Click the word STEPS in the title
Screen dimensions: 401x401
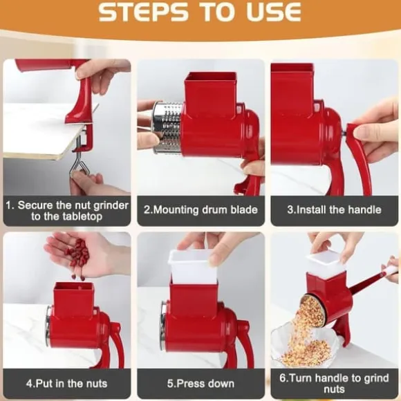(x=143, y=12)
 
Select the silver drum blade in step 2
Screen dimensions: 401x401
(x=167, y=128)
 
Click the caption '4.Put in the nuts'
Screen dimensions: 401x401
(x=67, y=384)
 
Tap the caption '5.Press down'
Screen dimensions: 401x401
(x=200, y=384)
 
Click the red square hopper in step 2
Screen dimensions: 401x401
(x=210, y=95)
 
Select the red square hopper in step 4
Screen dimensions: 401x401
(x=74, y=299)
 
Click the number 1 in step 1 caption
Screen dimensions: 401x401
(x=9, y=205)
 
